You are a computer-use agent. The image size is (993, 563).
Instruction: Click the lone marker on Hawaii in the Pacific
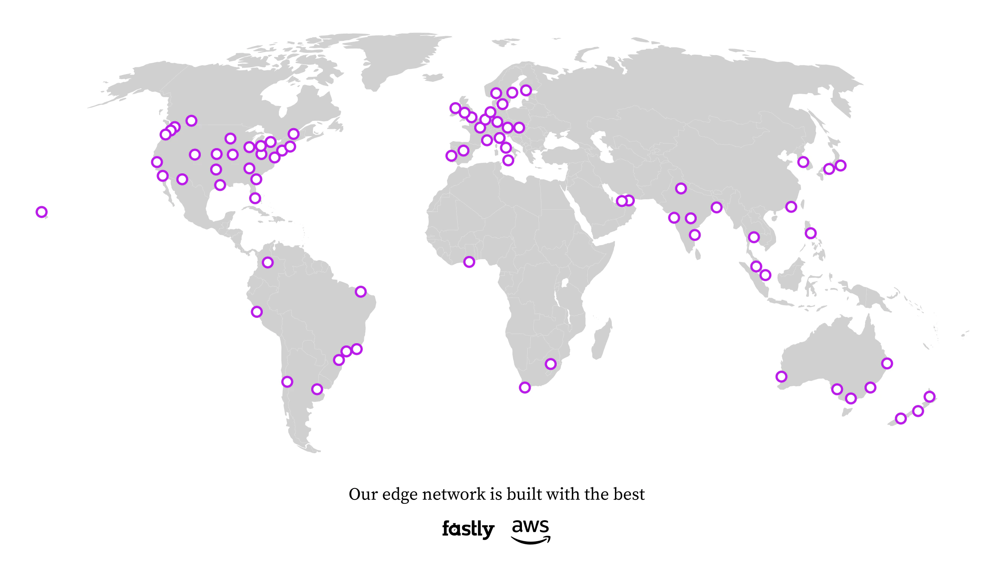(41, 212)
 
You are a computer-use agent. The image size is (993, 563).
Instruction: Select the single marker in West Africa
(469, 262)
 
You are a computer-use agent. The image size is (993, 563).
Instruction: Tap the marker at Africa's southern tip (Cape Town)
(525, 387)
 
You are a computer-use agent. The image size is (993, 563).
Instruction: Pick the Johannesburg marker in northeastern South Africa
(551, 364)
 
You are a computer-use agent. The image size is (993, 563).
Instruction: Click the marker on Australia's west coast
(781, 377)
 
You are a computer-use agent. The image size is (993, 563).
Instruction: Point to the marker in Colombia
(268, 262)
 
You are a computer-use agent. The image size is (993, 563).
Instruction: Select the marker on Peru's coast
(257, 312)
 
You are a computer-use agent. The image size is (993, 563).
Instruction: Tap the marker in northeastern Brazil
(360, 291)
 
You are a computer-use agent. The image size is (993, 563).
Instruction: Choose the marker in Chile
(287, 382)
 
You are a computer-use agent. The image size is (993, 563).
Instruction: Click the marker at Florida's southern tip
(255, 199)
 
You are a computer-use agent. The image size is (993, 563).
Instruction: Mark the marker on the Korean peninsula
(803, 162)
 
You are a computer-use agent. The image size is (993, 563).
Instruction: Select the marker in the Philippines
(810, 233)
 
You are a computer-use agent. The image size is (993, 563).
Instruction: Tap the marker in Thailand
(753, 237)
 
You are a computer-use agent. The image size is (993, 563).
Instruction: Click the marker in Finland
(526, 91)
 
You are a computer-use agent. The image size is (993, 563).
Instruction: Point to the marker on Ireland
(455, 108)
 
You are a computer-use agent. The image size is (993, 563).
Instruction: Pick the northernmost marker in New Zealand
(929, 397)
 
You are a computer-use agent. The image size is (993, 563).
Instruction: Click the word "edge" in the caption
(400, 495)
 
